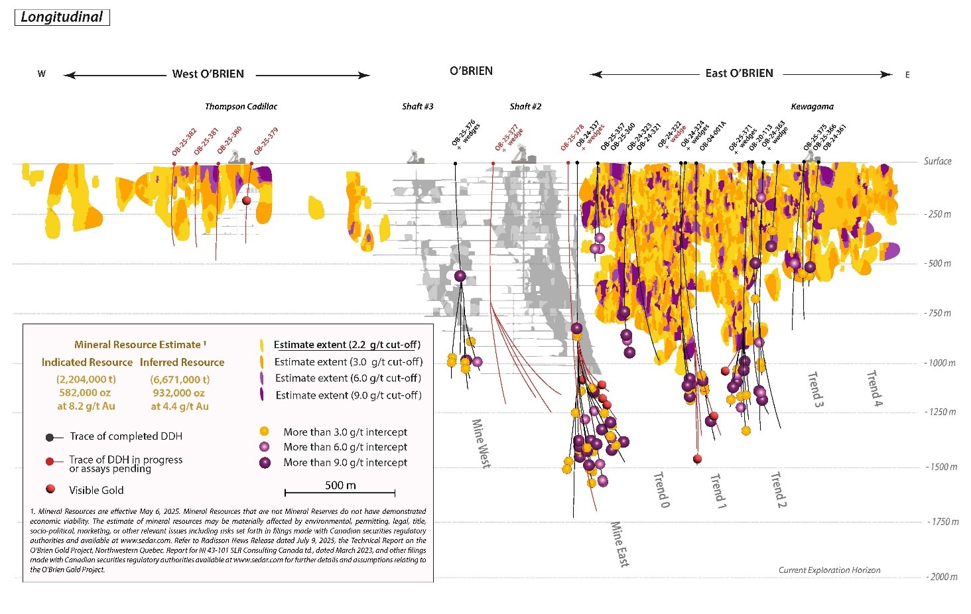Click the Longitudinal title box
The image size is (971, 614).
pyautogui.click(x=62, y=17)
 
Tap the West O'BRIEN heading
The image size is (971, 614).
pyautogui.click(x=208, y=74)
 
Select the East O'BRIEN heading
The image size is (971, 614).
pyautogui.click(x=739, y=74)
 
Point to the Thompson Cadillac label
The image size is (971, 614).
pyautogui.click(x=241, y=107)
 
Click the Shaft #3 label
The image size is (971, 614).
pyautogui.click(x=417, y=107)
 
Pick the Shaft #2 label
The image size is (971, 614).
pyautogui.click(x=525, y=107)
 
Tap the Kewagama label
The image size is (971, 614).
pyautogui.click(x=812, y=107)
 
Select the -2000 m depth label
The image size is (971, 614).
pyautogui.click(x=942, y=577)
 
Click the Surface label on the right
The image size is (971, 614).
pyautogui.click(x=937, y=161)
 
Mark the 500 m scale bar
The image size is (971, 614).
pyautogui.click(x=340, y=492)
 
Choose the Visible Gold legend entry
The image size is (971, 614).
pyautogui.click(x=96, y=491)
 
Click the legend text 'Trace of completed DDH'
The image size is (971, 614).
pyautogui.click(x=125, y=436)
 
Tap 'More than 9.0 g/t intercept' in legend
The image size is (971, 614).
pyautogui.click(x=345, y=463)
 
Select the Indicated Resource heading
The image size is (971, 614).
pyautogui.click(x=87, y=363)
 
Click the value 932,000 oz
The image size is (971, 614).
pyautogui.click(x=179, y=393)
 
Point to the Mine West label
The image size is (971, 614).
pyautogui.click(x=481, y=443)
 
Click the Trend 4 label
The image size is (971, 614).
pyautogui.click(x=874, y=388)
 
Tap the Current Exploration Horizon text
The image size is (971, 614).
pyautogui.click(x=829, y=570)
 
